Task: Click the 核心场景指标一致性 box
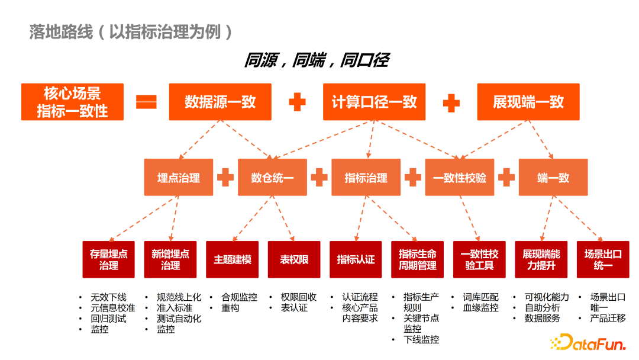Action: pyautogui.click(x=72, y=102)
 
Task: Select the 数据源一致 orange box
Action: pyautogui.click(x=220, y=102)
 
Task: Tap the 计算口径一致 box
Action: pyautogui.click(x=374, y=102)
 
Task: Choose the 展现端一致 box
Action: pyautogui.click(x=528, y=102)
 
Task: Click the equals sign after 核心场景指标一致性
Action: pyautogui.click(x=146, y=102)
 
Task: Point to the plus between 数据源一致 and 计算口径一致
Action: pyautogui.click(x=297, y=102)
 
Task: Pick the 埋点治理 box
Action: pyautogui.click(x=179, y=177)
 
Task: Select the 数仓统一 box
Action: pyautogui.click(x=272, y=177)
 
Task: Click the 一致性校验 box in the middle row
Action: pyautogui.click(x=460, y=177)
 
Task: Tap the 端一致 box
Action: pyautogui.click(x=553, y=177)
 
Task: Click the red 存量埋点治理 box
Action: pyautogui.click(x=109, y=259)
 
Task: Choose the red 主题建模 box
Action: pyautogui.click(x=233, y=259)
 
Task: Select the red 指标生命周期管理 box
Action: pyautogui.click(x=418, y=259)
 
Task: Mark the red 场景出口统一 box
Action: pyautogui.click(x=603, y=259)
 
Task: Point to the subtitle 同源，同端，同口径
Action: pyautogui.click(x=317, y=60)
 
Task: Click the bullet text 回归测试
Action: pyautogui.click(x=108, y=319)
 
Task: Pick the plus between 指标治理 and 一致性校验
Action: pyautogui.click(x=412, y=177)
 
